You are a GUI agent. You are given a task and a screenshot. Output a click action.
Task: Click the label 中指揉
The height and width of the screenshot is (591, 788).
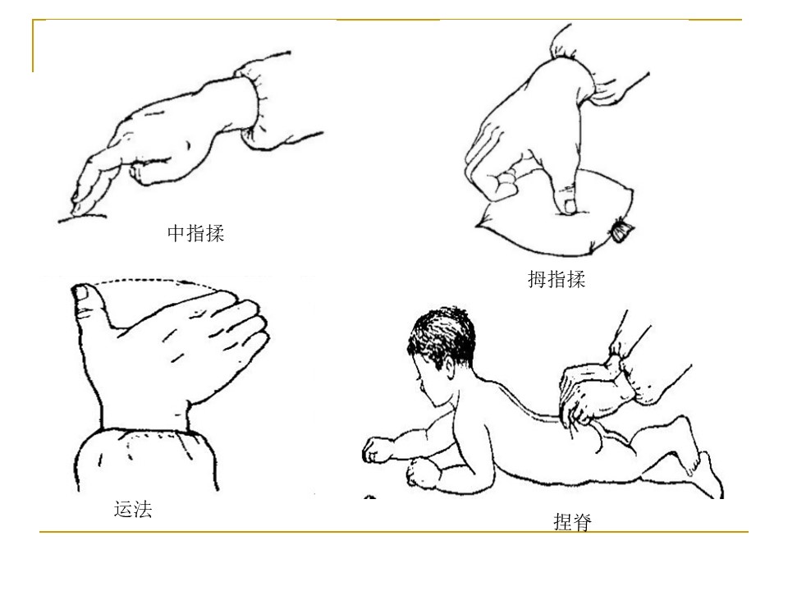[x=195, y=232]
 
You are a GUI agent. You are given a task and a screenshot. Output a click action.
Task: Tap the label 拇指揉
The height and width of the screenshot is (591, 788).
[x=557, y=279]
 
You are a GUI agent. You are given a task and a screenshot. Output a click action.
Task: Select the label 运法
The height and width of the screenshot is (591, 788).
[x=133, y=509]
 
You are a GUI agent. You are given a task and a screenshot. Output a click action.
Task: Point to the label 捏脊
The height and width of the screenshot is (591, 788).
[x=572, y=522]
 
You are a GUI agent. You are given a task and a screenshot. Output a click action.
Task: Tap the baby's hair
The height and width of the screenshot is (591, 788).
[x=442, y=334]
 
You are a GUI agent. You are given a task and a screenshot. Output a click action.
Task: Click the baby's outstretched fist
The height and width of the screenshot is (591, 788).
[x=376, y=450]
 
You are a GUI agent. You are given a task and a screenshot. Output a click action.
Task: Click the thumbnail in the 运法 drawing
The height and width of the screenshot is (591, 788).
[x=80, y=292]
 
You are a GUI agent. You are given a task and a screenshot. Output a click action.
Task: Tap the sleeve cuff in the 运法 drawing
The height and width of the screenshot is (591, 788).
[x=146, y=458]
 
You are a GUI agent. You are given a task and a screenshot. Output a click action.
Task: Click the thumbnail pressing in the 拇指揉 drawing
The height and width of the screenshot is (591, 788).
[x=570, y=205]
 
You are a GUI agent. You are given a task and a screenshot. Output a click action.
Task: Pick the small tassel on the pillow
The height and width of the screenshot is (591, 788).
[x=621, y=231]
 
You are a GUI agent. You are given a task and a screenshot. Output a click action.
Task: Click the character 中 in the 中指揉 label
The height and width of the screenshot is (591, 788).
[x=176, y=232]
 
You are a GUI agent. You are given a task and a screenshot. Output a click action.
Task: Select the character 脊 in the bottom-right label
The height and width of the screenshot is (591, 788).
[x=583, y=522]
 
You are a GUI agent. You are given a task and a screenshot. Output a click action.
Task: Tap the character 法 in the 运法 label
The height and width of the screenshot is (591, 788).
[x=143, y=509]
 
